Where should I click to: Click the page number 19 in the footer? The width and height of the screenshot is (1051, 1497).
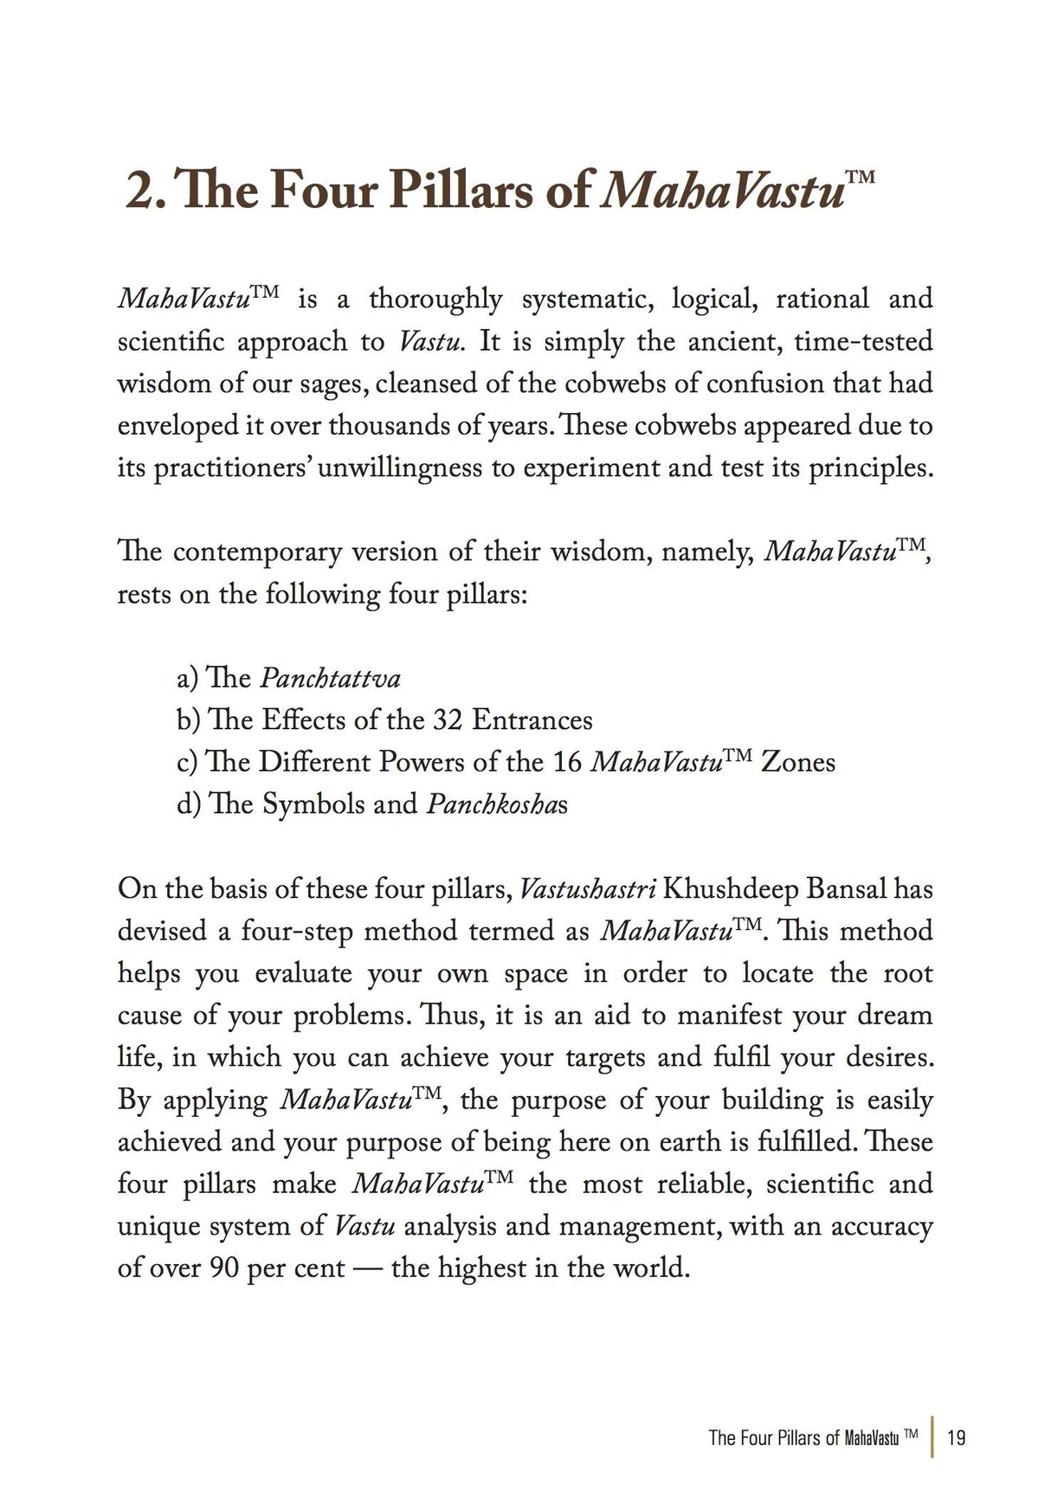(957, 1438)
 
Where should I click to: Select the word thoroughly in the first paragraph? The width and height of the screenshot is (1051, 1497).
(435, 300)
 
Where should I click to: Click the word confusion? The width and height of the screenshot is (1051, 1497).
(762, 384)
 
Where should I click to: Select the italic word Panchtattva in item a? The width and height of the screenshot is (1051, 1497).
(330, 679)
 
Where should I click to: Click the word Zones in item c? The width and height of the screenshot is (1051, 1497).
(796, 763)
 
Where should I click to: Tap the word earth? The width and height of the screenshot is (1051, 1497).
(690, 1143)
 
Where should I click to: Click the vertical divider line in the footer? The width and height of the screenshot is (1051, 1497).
(932, 1438)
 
